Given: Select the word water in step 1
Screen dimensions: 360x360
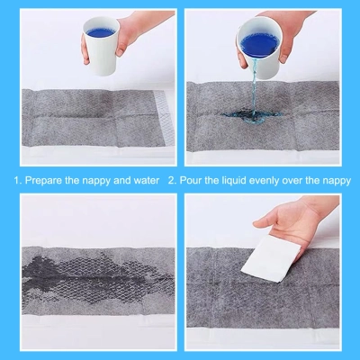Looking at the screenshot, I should [x=144, y=180].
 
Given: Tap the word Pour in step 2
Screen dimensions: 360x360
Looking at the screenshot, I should [x=191, y=180].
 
